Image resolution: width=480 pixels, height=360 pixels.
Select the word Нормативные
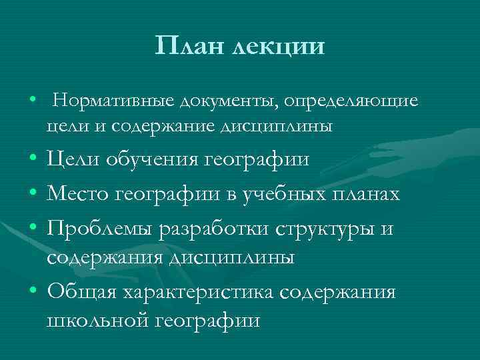(x=113, y=101)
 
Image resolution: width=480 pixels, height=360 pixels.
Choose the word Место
(x=77, y=194)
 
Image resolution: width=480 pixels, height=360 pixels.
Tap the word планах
(x=368, y=194)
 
